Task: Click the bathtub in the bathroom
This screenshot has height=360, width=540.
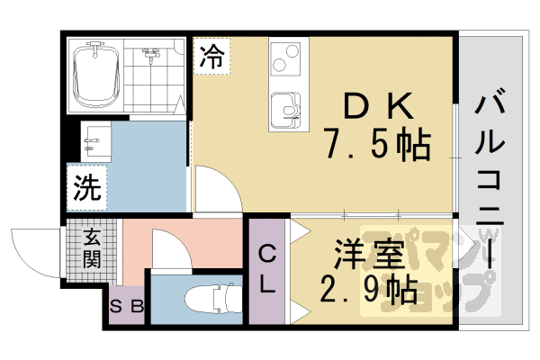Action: point(95,75)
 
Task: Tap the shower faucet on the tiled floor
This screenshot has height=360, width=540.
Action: point(151,55)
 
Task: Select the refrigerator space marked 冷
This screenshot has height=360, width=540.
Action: point(211,56)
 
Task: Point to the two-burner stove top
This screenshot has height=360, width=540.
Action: point(285,58)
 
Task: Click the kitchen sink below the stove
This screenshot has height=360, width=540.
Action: point(285,110)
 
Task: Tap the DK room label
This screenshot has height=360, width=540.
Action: point(378,106)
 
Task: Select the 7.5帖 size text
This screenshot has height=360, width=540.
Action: point(378,145)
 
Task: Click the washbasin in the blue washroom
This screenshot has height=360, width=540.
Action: point(95,141)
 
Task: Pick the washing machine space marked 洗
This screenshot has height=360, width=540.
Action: point(86,187)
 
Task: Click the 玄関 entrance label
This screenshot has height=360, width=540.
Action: point(92,248)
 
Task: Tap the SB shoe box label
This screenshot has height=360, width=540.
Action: point(126,306)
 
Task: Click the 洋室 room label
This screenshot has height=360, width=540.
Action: point(368,255)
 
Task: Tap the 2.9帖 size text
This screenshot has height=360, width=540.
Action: point(368,290)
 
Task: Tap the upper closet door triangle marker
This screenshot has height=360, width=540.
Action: point(299,231)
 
